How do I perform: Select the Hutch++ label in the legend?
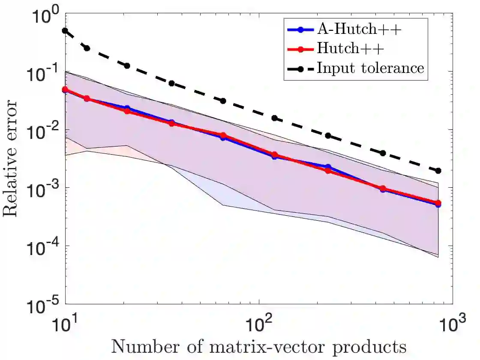click(x=350, y=49)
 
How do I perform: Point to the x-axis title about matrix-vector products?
click(x=258, y=346)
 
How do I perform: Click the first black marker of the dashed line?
click(x=65, y=31)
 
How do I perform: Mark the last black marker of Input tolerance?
click(x=438, y=171)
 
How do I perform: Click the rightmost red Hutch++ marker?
click(x=438, y=203)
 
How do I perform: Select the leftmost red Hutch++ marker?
click(x=65, y=90)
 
